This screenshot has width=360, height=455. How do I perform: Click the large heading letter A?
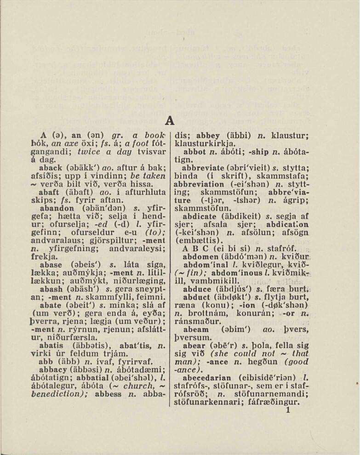coord(170,121)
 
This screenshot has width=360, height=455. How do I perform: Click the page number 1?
coord(289,411)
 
